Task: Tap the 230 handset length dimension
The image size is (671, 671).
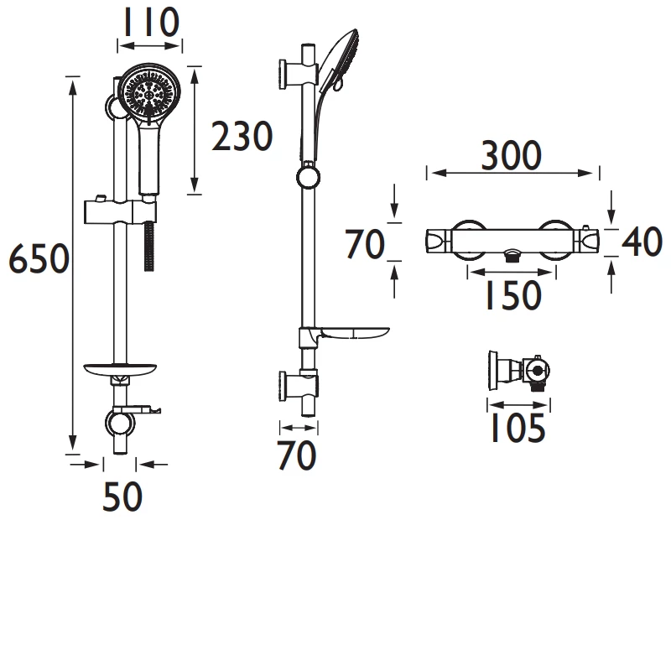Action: pos(242,137)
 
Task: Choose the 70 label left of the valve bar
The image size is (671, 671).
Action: pos(365,244)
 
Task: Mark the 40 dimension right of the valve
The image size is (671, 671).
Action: pos(642,243)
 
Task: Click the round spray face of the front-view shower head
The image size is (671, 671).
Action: pos(150,95)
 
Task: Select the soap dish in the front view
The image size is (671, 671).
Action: pos(122,368)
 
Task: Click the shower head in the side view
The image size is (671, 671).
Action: pos(341,63)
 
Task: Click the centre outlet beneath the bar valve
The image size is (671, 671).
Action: pos(512,256)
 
